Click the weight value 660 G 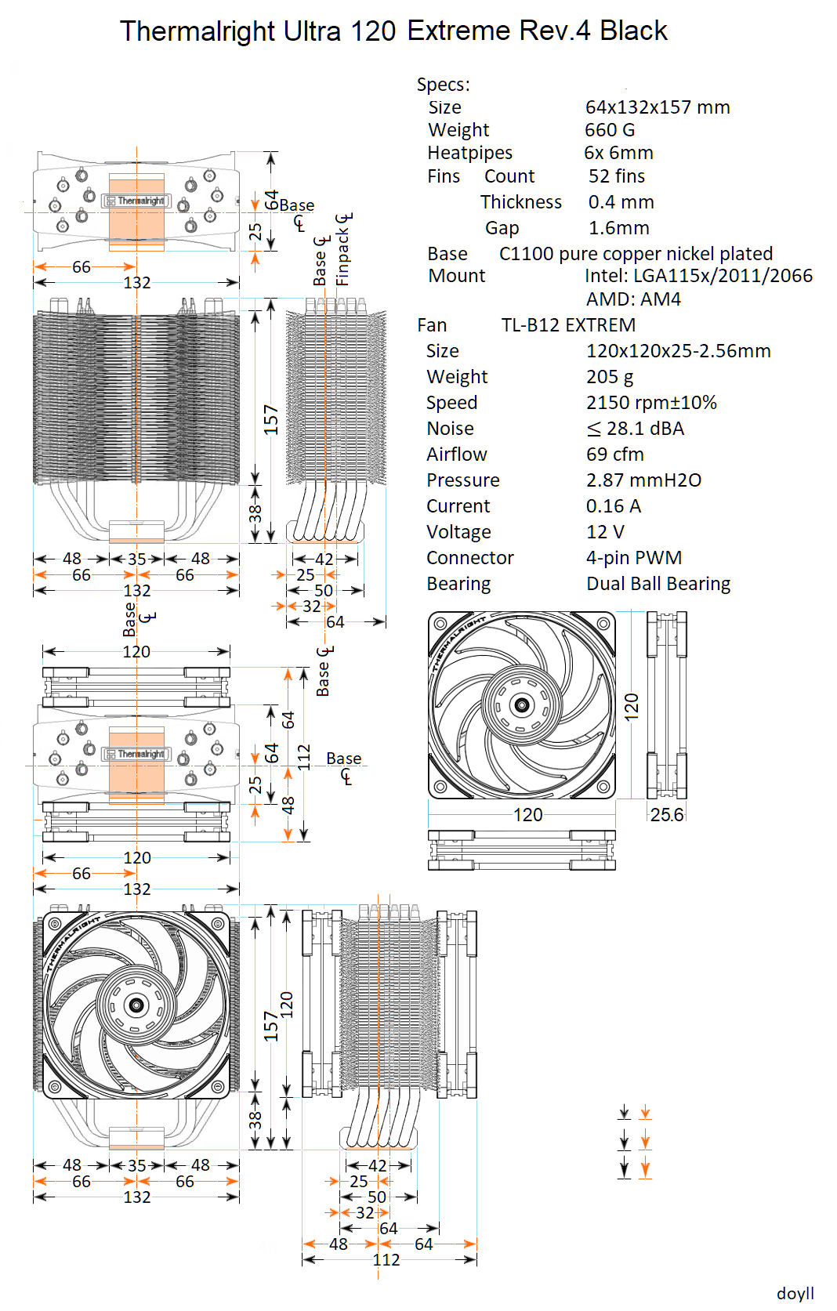[610, 130]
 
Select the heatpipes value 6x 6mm [618, 153]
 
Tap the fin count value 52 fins [617, 176]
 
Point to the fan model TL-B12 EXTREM [568, 325]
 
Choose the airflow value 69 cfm [615, 455]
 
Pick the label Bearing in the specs [458, 584]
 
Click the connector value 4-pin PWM [634, 558]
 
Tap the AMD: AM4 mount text [633, 299]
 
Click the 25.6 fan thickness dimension [667, 815]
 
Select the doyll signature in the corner [795, 1293]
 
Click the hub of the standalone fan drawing [522, 705]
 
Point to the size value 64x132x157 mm [658, 107]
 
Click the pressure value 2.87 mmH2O [643, 480]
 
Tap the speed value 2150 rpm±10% [651, 403]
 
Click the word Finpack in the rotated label [342, 258]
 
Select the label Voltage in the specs [458, 532]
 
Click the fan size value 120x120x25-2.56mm [678, 351]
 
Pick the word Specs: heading [444, 85]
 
